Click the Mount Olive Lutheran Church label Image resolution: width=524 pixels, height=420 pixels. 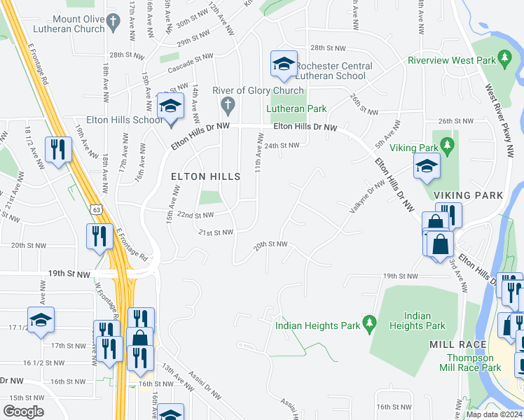tap(69, 23)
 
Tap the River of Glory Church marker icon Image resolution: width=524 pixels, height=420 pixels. tap(226, 106)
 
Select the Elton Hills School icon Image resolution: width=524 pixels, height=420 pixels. tap(170, 106)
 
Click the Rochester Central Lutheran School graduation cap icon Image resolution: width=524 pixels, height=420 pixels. tap(282, 64)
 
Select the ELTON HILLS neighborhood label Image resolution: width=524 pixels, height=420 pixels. tap(205, 177)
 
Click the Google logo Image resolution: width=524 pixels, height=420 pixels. tap(23, 411)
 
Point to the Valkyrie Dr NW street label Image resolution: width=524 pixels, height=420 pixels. tap(367, 197)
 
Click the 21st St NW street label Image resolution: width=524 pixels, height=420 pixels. tap(215, 232)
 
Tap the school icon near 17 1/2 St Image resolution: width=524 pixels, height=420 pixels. tap(41, 320)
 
